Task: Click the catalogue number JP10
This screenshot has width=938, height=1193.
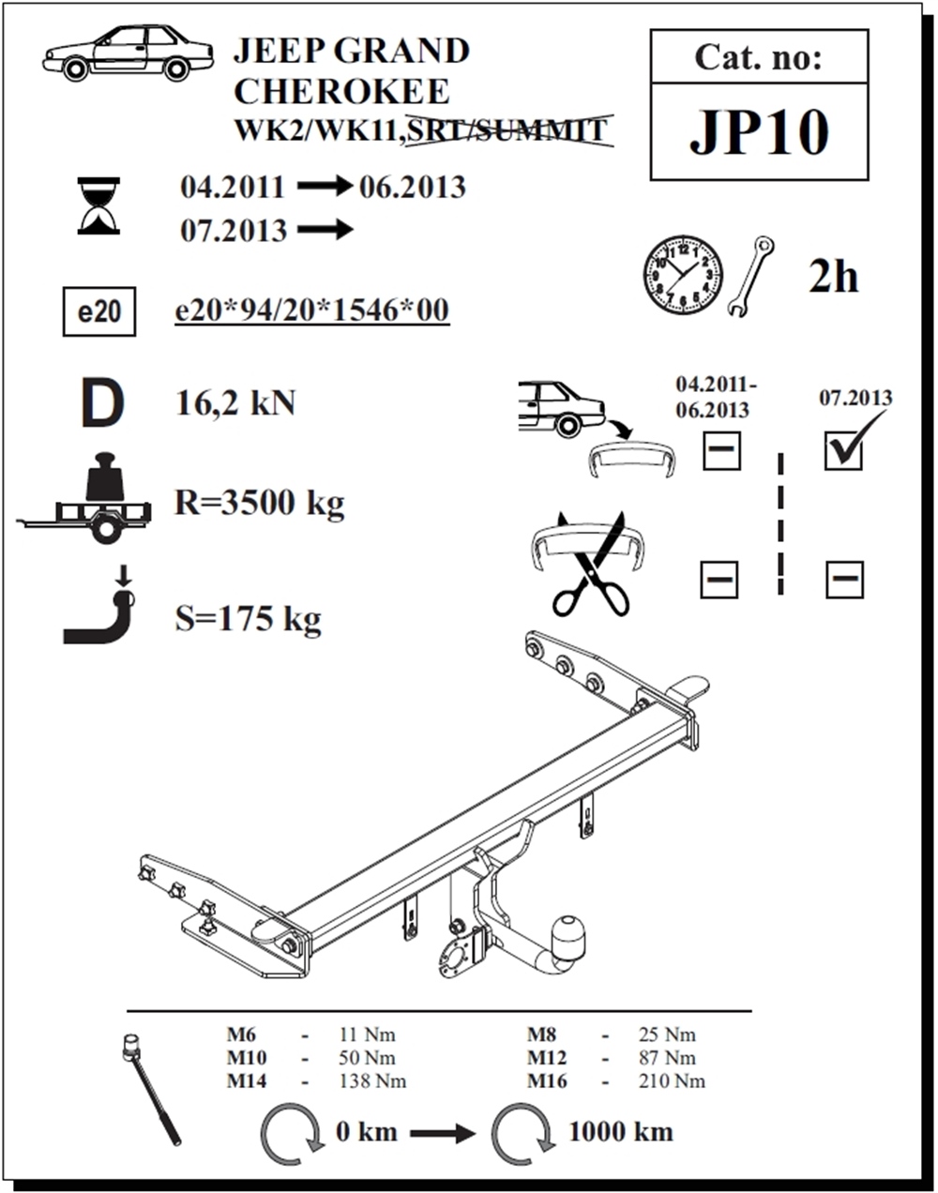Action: [759, 132]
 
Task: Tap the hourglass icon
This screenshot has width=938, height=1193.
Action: [98, 205]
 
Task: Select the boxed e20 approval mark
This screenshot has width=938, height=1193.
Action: [99, 311]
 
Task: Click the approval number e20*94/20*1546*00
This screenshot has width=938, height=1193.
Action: [312, 310]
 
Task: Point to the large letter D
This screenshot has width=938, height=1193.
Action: [102, 402]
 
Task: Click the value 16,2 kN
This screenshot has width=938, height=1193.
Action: [235, 402]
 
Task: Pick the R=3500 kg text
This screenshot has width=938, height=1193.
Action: [260, 504]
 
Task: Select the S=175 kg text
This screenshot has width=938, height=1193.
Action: [248, 619]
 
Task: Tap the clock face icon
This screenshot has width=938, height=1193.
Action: [683, 275]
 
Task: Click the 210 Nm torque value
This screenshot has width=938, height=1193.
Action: [672, 1081]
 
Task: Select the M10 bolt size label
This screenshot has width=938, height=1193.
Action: [247, 1058]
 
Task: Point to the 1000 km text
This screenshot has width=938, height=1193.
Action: [621, 1132]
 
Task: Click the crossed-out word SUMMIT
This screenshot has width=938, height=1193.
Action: [541, 129]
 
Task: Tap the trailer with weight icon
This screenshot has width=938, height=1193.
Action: [83, 498]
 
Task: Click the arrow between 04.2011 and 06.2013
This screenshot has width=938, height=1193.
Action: [325, 187]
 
